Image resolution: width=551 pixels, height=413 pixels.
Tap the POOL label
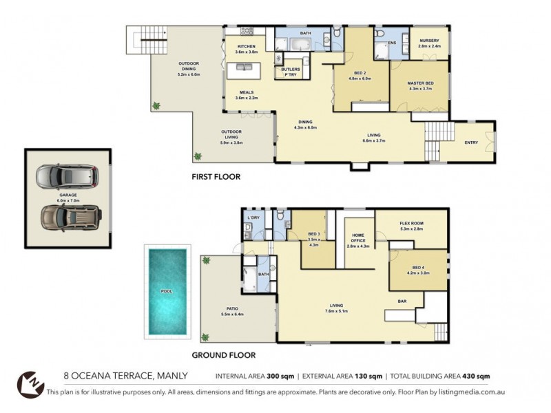(x=166, y=291)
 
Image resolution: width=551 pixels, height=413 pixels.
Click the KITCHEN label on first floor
(x=246, y=46)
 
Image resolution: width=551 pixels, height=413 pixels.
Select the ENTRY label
(x=472, y=142)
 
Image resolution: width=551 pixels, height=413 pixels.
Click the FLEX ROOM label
(x=411, y=224)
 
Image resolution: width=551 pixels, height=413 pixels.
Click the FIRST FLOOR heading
(x=216, y=177)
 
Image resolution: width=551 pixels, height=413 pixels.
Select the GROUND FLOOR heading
(x=223, y=355)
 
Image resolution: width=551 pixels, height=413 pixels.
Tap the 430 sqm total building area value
(x=475, y=377)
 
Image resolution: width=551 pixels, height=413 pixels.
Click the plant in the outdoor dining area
(x=157, y=106)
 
